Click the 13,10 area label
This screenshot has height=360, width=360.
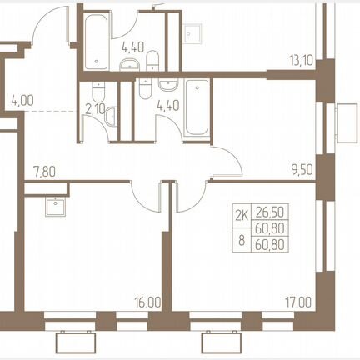[x=302, y=60]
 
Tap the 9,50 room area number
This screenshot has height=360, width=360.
[x=302, y=169]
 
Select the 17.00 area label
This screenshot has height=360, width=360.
[x=298, y=302]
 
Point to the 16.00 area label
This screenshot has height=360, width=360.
[x=147, y=302]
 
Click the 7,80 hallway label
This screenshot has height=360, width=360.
[x=44, y=172]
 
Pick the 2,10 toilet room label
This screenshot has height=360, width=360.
[x=95, y=110]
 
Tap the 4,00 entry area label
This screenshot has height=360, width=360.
[x=22, y=100]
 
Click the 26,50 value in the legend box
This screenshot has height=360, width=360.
[x=270, y=212]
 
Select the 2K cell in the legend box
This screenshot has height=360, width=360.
[x=242, y=216]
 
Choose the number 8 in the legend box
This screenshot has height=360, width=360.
[x=242, y=240]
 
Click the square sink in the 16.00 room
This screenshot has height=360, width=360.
[x=56, y=207]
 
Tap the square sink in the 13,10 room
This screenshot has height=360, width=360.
[x=192, y=34]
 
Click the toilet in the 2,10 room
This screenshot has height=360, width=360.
[x=98, y=92]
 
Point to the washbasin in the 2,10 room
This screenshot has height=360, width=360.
[x=111, y=117]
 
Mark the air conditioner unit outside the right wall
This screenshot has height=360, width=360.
[x=347, y=122]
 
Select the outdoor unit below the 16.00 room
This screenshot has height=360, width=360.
[x=76, y=342]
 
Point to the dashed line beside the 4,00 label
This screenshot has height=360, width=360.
[x=51, y=112]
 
